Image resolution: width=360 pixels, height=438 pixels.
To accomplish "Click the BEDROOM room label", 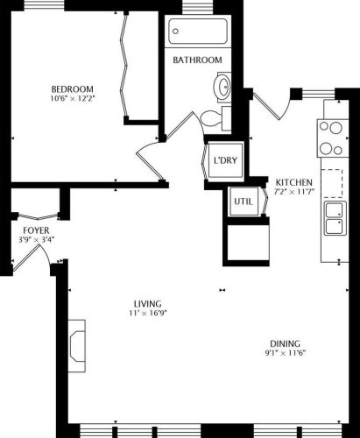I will tap(72, 88).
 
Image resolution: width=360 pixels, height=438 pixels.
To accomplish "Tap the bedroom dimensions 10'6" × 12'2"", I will tap(72, 98).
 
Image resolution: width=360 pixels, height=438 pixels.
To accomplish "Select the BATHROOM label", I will tap(197, 60).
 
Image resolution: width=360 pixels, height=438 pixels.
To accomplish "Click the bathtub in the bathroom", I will tap(200, 33).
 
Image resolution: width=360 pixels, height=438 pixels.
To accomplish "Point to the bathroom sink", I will tap(222, 87).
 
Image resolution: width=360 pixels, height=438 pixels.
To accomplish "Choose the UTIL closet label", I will tap(243, 201).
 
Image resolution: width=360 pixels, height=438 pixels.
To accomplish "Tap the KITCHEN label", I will tap(294, 181).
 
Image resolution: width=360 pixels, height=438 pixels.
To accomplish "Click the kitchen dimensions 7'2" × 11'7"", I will tap(294, 191).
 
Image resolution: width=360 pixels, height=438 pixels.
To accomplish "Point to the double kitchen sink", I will tap(335, 219).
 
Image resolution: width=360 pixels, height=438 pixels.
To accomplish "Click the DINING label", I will tap(286, 343).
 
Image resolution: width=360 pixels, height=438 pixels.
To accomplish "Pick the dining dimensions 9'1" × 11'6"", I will tap(286, 353).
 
